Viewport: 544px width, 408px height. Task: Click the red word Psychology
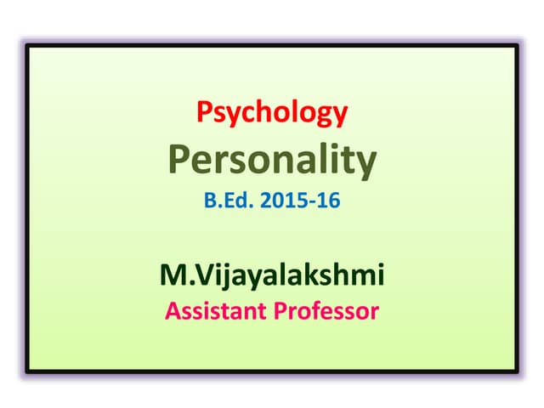click(272, 113)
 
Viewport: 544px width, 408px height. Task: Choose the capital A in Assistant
click(173, 311)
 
